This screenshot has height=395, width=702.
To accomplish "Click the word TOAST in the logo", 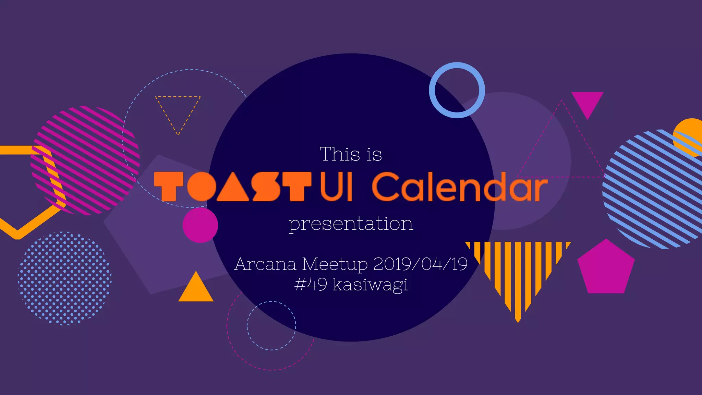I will [x=232, y=187].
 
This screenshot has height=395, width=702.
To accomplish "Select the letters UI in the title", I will [x=336, y=187].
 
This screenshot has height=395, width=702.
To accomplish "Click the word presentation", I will [x=351, y=224].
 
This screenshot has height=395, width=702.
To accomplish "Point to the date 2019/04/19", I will [x=420, y=264].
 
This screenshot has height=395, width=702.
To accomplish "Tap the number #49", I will [x=311, y=285].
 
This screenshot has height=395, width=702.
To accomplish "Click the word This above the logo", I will [x=340, y=154].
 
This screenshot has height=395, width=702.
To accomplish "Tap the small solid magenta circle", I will [x=200, y=225].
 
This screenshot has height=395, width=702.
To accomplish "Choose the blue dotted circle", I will [x=64, y=278].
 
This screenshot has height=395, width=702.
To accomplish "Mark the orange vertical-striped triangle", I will [x=518, y=271].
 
